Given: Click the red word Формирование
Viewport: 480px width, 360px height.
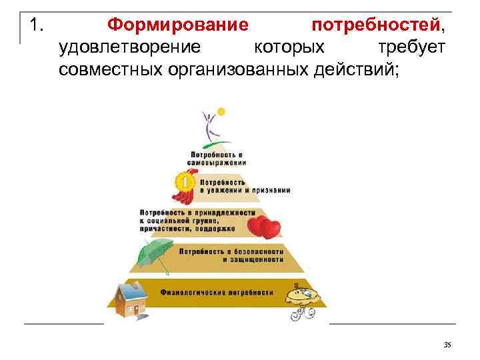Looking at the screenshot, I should [x=178, y=26].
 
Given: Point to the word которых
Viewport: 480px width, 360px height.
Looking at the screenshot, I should [x=289, y=47].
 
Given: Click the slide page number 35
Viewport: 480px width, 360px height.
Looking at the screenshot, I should [x=447, y=344].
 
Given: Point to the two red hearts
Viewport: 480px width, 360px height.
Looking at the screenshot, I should [x=267, y=226].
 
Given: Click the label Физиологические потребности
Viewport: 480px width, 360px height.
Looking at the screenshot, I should [x=217, y=293].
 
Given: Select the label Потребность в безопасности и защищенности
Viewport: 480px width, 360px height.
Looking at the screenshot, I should [x=226, y=255].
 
